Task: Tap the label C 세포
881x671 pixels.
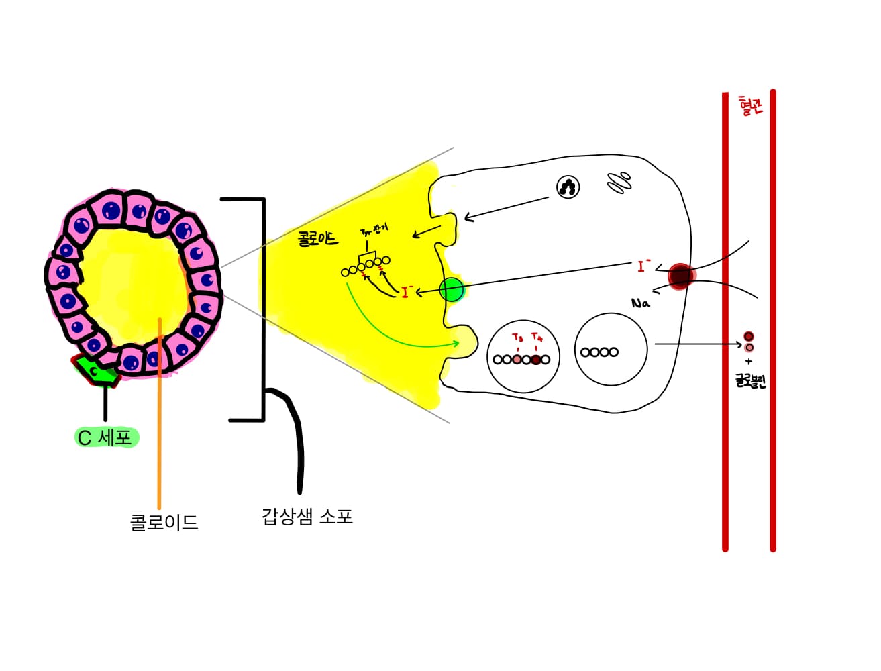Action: (105, 437)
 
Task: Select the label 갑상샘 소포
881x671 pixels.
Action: (307, 517)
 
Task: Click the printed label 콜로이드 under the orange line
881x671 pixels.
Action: (164, 522)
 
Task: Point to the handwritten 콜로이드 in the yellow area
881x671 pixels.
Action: (318, 238)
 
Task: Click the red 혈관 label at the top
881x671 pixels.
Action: (750, 106)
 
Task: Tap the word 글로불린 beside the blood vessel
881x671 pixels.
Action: (750, 382)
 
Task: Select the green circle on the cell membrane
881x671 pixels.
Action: (452, 290)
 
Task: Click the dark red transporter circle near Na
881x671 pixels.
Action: (680, 275)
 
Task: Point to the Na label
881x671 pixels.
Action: (641, 303)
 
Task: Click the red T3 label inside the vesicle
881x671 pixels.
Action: (517, 338)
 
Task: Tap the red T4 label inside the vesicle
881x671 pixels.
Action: (537, 337)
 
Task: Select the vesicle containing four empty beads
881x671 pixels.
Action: (611, 350)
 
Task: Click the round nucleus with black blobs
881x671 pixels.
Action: (568, 187)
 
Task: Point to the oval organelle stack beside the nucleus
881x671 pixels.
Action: (619, 182)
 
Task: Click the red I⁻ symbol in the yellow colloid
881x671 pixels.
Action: (407, 292)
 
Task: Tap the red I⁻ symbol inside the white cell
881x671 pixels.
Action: (643, 266)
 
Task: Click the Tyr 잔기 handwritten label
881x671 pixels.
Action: (374, 231)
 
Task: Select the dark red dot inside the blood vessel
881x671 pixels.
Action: (749, 336)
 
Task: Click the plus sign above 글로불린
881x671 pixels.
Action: (749, 361)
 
